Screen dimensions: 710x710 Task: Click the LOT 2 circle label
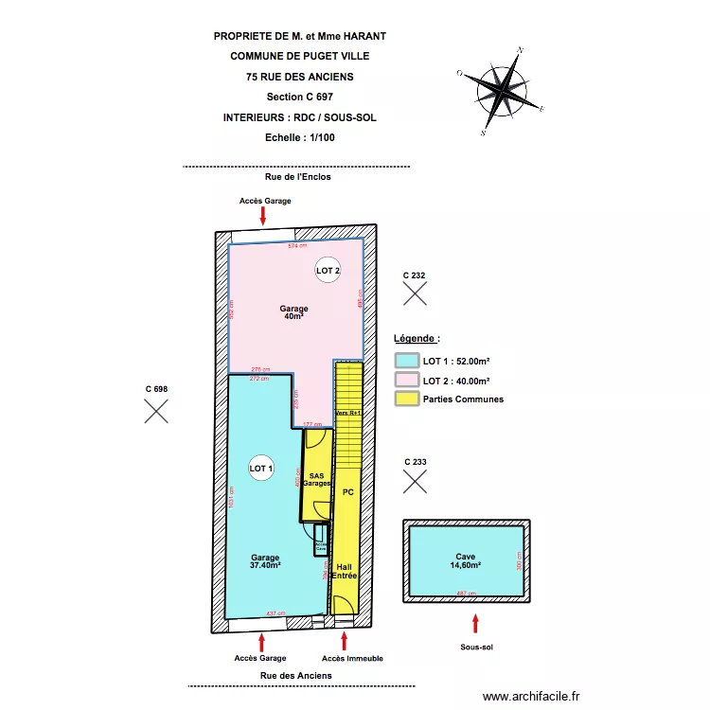tap(327, 271)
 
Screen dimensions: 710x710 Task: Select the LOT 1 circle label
tap(261, 468)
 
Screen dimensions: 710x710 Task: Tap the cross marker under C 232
tap(414, 293)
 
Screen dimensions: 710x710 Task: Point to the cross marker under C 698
tap(156, 410)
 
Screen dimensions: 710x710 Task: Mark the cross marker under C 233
tap(414, 482)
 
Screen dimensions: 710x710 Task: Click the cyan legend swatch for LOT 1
tap(406, 361)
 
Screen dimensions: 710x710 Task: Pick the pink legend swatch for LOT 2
tap(406, 381)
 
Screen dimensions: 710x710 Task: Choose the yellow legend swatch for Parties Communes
tap(406, 399)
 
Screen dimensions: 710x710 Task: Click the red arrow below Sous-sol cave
tap(476, 623)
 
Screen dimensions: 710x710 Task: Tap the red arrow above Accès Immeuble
tap(344, 641)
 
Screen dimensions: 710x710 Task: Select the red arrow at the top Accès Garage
tap(263, 215)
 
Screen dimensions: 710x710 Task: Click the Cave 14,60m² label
tap(465, 560)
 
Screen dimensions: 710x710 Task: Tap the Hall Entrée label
tap(345, 570)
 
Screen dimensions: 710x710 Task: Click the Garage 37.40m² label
tap(265, 561)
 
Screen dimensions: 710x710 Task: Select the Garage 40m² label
tap(293, 312)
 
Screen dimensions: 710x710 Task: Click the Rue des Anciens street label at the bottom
tap(296, 675)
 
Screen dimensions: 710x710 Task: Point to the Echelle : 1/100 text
tap(300, 137)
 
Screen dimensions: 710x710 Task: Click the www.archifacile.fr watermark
tap(530, 697)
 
